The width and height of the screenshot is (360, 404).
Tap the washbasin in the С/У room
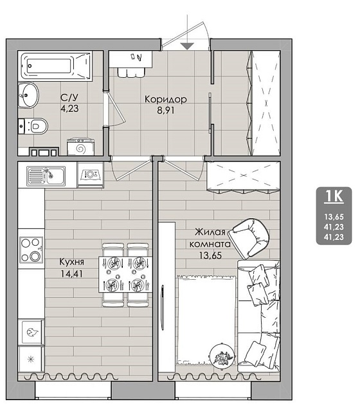tap(28, 95)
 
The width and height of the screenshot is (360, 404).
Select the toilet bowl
tap(33, 126)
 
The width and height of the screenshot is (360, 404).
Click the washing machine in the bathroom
tap(81, 147)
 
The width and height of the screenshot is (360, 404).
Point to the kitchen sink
tap(46, 176)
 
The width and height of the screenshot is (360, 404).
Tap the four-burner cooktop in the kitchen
tap(32, 250)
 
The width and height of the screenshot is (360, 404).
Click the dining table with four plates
tap(125, 274)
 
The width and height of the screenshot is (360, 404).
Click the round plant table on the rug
tap(222, 355)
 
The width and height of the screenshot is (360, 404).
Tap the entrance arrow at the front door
tap(187, 46)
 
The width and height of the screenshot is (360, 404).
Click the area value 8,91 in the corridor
tap(166, 110)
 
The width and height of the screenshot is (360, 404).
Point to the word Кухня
tap(71, 262)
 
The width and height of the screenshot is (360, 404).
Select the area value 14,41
tap(71, 273)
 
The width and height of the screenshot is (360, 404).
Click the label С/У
tap(69, 98)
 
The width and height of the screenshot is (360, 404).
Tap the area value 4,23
tap(69, 109)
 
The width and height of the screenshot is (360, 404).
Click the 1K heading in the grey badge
tap(334, 196)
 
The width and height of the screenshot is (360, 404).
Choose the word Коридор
tap(166, 99)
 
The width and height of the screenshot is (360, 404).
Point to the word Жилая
tap(210, 232)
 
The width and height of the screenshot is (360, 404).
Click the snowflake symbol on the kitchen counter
tap(31, 359)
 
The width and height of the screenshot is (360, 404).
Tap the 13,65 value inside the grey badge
tap(334, 217)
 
